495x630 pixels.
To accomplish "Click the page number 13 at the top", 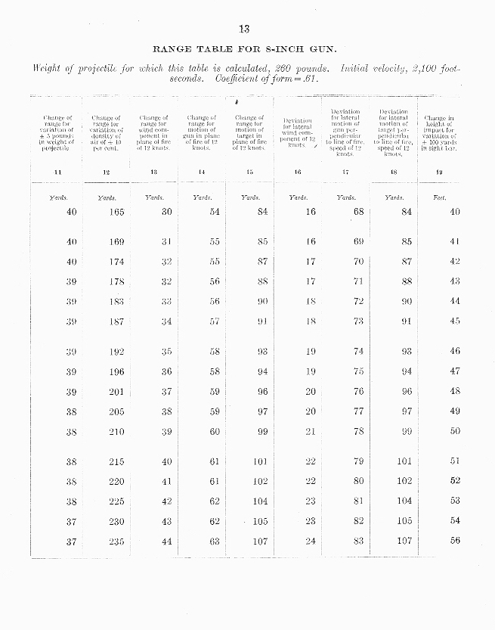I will [x=244, y=29].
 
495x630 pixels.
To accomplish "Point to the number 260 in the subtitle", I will [x=281, y=69].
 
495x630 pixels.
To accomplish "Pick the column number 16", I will [x=298, y=172].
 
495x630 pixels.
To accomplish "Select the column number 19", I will [x=440, y=172].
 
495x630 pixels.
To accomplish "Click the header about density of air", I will [x=106, y=133].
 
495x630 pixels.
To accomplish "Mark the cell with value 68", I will [x=358, y=213].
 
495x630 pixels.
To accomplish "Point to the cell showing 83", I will [x=358, y=542].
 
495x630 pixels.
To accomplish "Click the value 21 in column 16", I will [x=311, y=432].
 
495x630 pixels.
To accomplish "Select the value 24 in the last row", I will [x=311, y=542].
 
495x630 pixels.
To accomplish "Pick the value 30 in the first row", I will [x=167, y=213].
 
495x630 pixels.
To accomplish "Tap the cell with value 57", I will [x=214, y=321].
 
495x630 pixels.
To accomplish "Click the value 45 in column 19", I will [x=455, y=321].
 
